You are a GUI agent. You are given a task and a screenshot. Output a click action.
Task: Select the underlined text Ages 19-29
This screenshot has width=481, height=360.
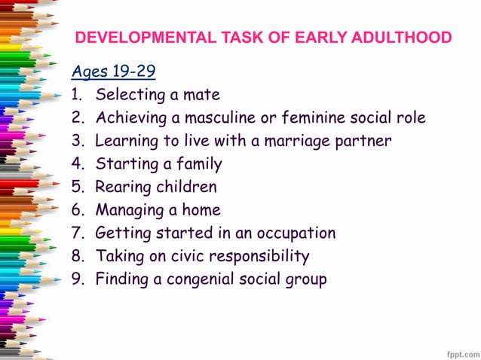pos(114,72)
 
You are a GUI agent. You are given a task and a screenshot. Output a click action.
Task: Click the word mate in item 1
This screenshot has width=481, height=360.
pos(203,95)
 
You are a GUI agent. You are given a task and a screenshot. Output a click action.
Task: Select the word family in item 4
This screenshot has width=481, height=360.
pos(198,163)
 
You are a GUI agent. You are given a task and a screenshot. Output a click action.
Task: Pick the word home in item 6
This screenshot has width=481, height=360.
pos(201,210)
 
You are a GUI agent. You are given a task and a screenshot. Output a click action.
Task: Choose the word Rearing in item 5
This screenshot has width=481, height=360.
pos(121,187)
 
